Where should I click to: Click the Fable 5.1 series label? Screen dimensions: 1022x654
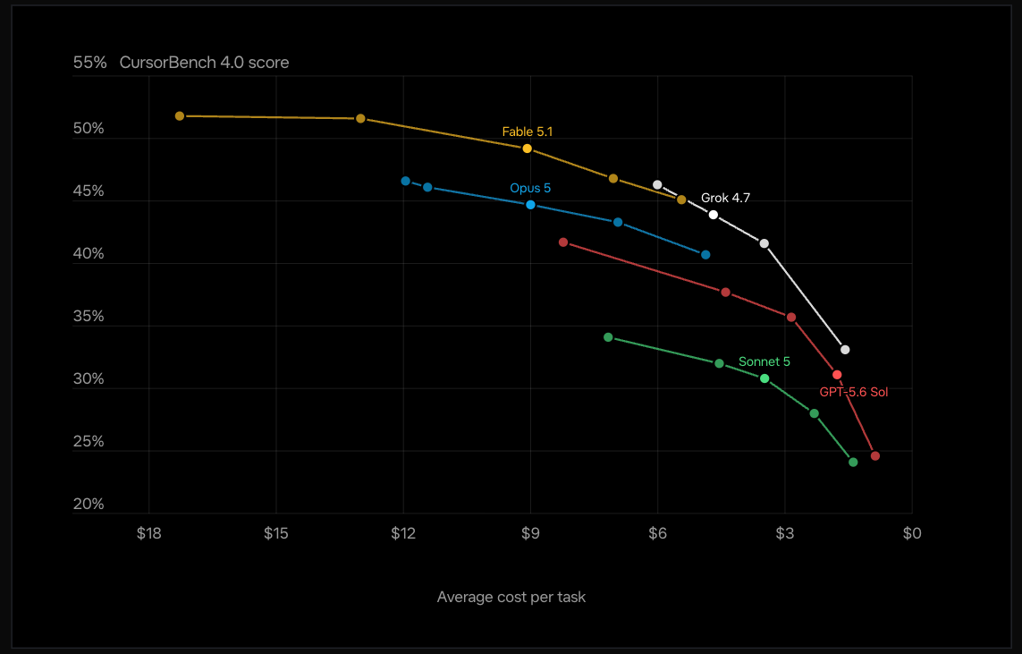pos(528,132)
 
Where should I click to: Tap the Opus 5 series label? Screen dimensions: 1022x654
pos(530,189)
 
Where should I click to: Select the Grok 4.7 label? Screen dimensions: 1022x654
pos(725,198)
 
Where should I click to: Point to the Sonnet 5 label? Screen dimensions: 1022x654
pos(764,361)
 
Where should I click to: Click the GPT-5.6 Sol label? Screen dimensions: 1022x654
pos(853,392)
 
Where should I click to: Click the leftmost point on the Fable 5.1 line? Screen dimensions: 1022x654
pos(180,116)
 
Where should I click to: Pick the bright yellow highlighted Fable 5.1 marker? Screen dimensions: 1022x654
pos(528,149)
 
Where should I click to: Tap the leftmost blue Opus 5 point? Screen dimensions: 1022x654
pos(405,182)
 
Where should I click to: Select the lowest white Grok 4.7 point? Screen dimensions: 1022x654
pos(845,350)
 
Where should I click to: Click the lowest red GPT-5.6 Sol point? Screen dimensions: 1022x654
pos(875,456)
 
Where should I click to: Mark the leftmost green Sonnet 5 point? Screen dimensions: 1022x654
pos(608,338)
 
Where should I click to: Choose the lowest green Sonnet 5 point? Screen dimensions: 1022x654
pos(853,463)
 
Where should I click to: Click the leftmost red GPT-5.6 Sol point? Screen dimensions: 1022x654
pos(563,242)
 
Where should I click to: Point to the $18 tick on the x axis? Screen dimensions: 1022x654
pos(148,533)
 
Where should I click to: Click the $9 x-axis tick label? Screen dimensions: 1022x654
pos(530,533)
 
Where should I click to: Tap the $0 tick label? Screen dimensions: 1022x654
pos(912,533)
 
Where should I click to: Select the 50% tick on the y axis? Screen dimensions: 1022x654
pos(89,129)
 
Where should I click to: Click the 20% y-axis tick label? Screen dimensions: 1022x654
pos(89,504)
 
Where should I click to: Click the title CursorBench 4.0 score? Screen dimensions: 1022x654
pos(204,63)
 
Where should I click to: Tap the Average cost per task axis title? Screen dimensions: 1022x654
pos(511,598)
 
